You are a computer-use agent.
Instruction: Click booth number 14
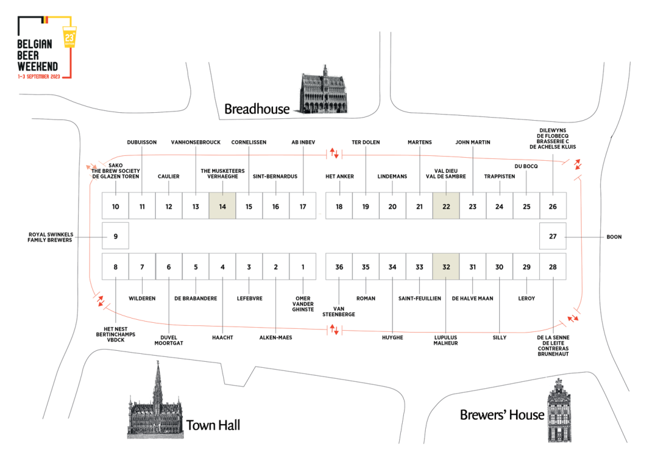[223, 206]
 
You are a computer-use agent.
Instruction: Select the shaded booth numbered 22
[446, 206]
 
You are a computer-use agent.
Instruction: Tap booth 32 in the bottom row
[446, 266]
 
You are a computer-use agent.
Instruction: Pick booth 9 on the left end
[115, 236]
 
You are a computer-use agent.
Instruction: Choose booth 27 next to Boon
[553, 236]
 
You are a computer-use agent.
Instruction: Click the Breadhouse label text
[257, 109]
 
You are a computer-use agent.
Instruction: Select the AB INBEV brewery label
[303, 143]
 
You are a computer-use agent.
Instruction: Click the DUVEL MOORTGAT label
[169, 340]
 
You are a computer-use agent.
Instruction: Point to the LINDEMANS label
[392, 177]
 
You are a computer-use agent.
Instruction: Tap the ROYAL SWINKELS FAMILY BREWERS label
[50, 237]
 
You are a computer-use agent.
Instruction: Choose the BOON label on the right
[614, 237]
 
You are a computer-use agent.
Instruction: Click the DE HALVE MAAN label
[472, 299]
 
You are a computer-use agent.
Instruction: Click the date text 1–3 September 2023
[39, 77]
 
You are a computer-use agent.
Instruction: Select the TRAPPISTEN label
[499, 177]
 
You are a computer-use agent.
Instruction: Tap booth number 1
[303, 266]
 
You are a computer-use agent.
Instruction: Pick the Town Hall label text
[213, 425]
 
